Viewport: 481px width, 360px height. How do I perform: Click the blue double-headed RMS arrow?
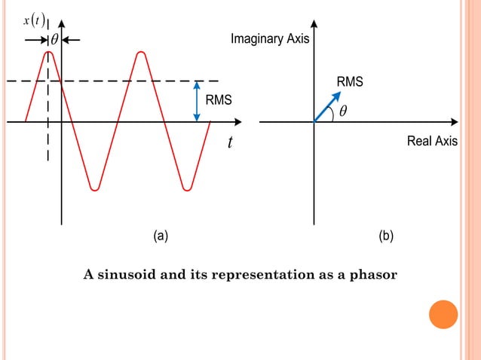[197, 101]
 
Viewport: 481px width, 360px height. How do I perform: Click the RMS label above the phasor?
[350, 81]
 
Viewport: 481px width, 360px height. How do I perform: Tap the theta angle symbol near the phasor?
[343, 111]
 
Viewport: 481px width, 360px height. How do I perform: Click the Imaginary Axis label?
[269, 39]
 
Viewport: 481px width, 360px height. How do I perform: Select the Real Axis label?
[432, 141]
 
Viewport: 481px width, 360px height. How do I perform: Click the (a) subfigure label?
[161, 236]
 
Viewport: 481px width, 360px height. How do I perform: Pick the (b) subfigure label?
[386, 236]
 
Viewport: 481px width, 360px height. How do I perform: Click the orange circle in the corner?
[443, 314]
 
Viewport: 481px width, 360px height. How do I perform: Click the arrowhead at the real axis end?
[454, 121]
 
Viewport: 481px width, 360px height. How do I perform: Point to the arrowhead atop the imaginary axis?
[314, 23]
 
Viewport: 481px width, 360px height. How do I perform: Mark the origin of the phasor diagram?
[314, 121]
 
